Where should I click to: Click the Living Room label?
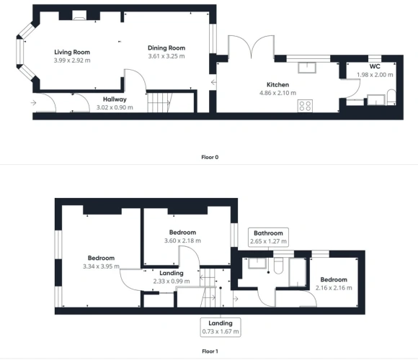[72, 52]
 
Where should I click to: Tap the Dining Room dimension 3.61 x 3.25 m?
[166, 56]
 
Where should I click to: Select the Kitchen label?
[277, 85]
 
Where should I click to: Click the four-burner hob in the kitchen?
[306, 106]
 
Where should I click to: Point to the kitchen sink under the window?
[307, 68]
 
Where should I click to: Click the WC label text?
[375, 66]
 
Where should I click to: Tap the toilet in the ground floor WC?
[391, 97]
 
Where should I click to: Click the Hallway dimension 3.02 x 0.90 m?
[115, 107]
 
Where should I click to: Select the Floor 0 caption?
[210, 158]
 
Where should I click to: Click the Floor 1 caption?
[210, 351]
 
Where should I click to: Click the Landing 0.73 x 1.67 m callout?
[221, 328]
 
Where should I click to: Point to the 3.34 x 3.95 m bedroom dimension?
[101, 266]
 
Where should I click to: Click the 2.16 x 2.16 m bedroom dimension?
[334, 288]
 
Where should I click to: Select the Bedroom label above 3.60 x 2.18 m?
[182, 233]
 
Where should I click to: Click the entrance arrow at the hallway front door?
[33, 102]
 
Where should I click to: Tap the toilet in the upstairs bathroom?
[278, 266]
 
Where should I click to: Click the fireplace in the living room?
[79, 15]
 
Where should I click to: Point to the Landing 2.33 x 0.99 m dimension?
[172, 282]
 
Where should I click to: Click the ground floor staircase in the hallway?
[159, 102]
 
